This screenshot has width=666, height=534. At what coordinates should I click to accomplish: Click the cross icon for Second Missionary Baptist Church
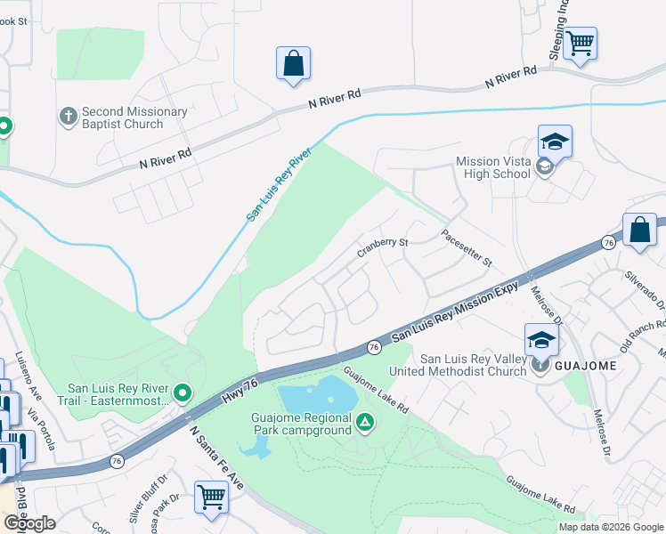pyautogui.click(x=68, y=117)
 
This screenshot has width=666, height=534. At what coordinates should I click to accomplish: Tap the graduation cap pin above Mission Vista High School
pyautogui.click(x=554, y=142)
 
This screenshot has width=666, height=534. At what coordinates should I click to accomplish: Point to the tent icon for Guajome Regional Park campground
pyautogui.click(x=363, y=422)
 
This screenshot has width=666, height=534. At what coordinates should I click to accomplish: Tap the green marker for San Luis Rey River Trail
pyautogui.click(x=183, y=392)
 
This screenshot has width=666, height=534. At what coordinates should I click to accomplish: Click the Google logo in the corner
pyautogui.click(x=29, y=522)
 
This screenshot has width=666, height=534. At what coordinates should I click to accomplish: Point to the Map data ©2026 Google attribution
pyautogui.click(x=611, y=527)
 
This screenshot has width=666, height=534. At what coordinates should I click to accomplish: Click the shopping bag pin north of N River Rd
pyautogui.click(x=293, y=64)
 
